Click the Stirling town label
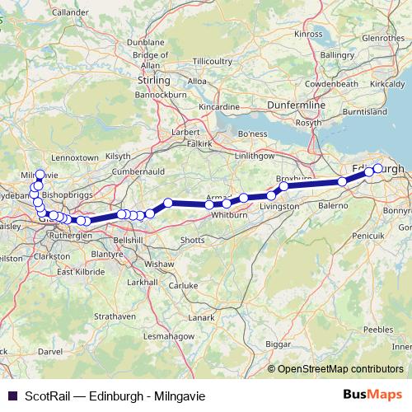tap(155, 81)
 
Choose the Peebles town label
tap(378, 329)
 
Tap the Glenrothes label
tap(382, 38)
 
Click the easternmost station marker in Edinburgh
tap(378, 169)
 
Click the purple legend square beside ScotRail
tap(12, 396)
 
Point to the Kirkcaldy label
tap(388, 84)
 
